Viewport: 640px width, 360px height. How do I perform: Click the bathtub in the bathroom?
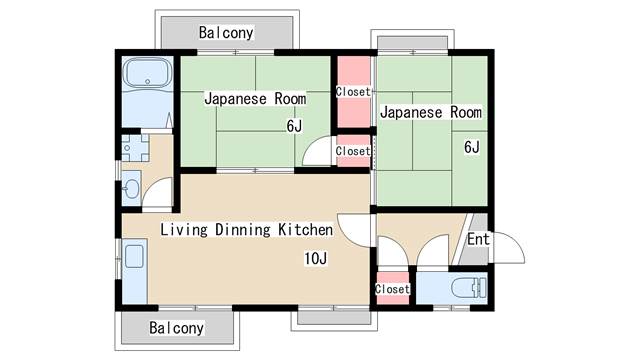pos(148,73)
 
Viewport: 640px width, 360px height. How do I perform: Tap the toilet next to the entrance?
pos(469,288)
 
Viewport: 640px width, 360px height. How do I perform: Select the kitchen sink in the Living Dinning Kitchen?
pos(134,256)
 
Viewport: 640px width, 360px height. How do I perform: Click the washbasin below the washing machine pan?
pos(131,189)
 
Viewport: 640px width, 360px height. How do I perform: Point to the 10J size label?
pos(316,258)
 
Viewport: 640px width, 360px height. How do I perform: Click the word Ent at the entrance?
pos(478,239)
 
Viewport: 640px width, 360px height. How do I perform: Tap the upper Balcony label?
pos(226,33)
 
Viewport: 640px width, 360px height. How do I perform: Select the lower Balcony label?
pos(176,328)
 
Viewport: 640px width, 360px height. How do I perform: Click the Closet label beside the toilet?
pos(392,289)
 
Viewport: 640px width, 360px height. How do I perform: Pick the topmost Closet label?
pos(353,92)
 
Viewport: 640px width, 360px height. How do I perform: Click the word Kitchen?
pos(305,229)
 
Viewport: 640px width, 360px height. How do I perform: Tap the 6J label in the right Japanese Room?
pos(472,147)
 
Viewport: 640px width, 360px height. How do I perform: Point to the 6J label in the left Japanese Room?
pos(294,126)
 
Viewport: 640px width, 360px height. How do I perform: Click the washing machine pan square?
pos(135,148)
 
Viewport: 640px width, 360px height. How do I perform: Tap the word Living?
pos(184,230)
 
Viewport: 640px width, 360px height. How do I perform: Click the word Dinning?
pos(243,230)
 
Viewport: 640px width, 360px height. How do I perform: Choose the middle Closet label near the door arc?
pos(353,151)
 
